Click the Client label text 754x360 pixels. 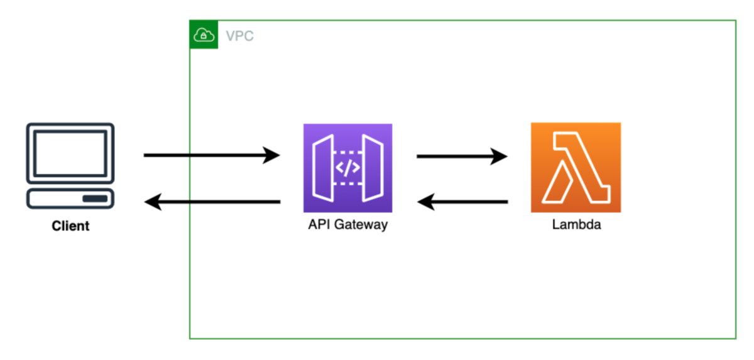(x=70, y=226)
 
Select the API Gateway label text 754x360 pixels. (x=347, y=225)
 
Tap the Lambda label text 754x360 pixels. (x=576, y=225)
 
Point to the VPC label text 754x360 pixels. (x=240, y=36)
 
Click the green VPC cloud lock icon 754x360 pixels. (x=204, y=35)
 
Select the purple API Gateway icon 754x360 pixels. (x=347, y=168)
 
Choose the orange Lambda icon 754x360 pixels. (x=576, y=167)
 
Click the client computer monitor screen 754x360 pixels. (x=70, y=153)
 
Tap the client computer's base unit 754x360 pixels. (x=70, y=199)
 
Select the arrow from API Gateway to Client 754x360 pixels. (x=211, y=202)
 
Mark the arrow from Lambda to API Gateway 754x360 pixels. (x=461, y=202)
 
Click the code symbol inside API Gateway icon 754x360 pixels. (x=347, y=168)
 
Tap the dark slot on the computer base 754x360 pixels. (x=95, y=199)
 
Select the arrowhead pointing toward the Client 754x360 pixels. (x=153, y=202)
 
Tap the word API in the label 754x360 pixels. (x=317, y=225)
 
